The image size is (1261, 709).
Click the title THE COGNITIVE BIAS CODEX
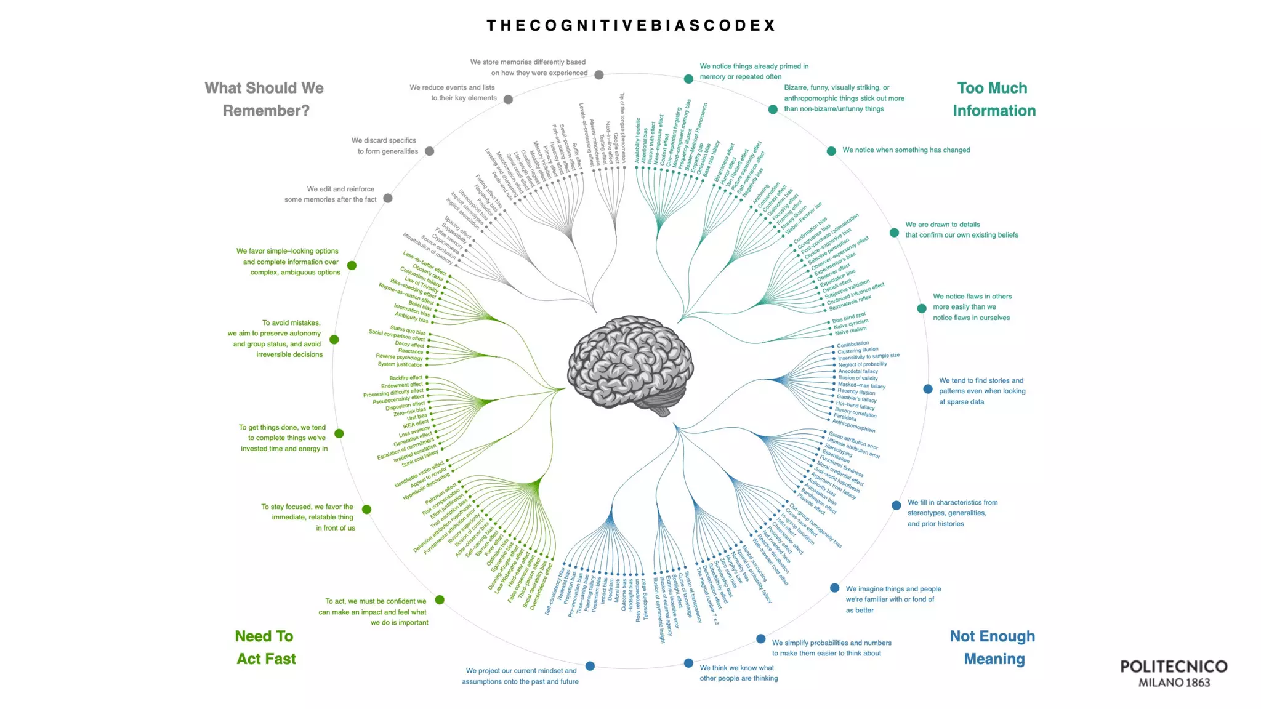[630, 26]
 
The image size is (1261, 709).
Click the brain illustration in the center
[630, 366]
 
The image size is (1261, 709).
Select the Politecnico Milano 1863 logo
[1174, 673]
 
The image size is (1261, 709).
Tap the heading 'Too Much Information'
[993, 99]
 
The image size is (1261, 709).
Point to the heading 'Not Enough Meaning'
[993, 647]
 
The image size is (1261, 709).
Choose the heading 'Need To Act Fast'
[265, 647]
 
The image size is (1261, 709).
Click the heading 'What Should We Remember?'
[265, 99]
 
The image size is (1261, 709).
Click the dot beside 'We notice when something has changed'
[831, 151]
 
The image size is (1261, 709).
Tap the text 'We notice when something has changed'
[906, 150]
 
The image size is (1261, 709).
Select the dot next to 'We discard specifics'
[430, 151]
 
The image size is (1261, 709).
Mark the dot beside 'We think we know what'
[688, 663]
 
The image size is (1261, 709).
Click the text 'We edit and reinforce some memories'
[331, 194]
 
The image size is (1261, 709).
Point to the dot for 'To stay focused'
[367, 510]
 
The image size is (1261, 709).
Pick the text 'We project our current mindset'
[520, 676]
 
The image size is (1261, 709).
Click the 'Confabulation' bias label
[853, 344]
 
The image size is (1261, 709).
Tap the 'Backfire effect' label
[406, 378]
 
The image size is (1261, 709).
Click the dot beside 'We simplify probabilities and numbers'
[761, 639]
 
